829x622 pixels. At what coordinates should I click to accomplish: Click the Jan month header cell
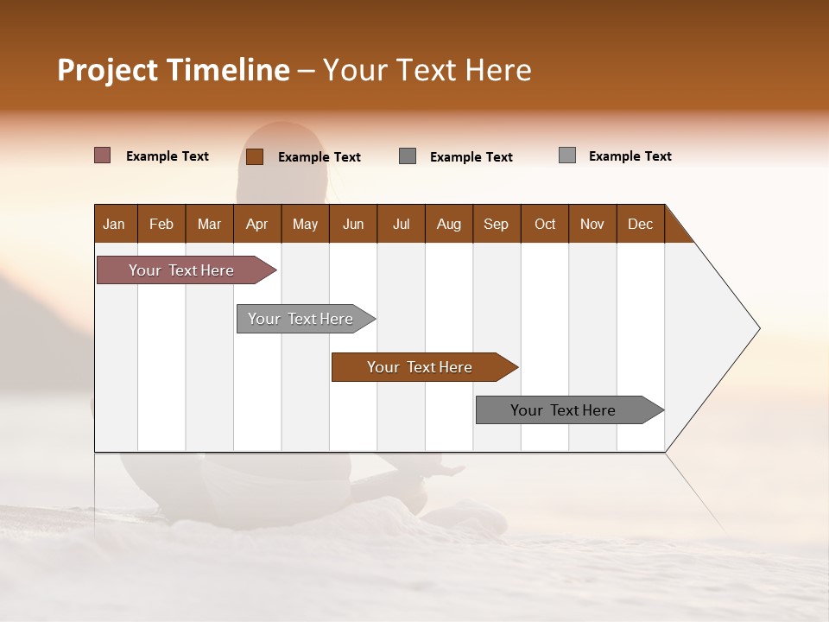pyautogui.click(x=115, y=224)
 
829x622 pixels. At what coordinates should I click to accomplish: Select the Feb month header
pyautogui.click(x=161, y=224)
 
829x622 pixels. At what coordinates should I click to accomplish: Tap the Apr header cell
pyautogui.click(x=257, y=224)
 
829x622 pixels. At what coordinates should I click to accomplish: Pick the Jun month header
pyautogui.click(x=353, y=224)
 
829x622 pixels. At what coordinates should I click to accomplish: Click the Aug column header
pyautogui.click(x=449, y=224)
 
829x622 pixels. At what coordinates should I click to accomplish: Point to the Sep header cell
pyautogui.click(x=497, y=224)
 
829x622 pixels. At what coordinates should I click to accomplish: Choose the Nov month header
pyautogui.click(x=592, y=224)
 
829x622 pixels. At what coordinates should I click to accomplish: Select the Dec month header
pyautogui.click(x=641, y=224)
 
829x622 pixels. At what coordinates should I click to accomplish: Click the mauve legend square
pyautogui.click(x=102, y=155)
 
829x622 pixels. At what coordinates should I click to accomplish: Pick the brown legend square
pyautogui.click(x=254, y=156)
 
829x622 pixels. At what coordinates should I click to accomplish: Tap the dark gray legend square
pyautogui.click(x=408, y=156)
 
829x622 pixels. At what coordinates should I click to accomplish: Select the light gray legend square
pyautogui.click(x=566, y=155)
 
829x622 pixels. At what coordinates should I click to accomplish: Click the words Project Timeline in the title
pyautogui.click(x=173, y=70)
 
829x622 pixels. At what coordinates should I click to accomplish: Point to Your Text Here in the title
pyautogui.click(x=427, y=70)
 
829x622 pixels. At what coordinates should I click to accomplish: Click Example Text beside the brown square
pyautogui.click(x=320, y=157)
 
